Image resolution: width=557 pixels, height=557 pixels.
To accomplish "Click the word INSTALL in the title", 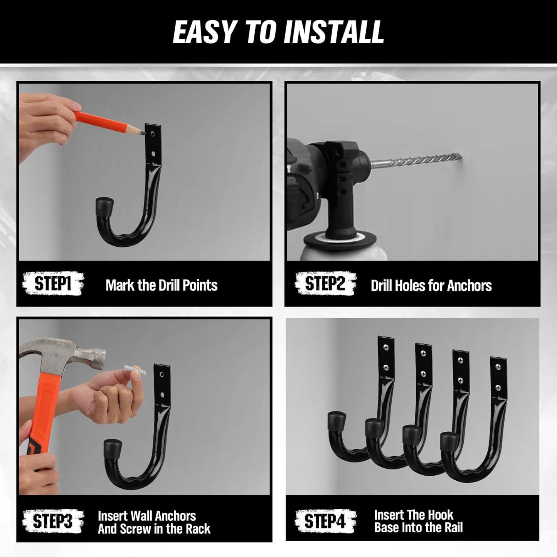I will click(334, 32).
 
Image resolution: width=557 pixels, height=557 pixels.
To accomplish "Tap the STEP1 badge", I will click(53, 284).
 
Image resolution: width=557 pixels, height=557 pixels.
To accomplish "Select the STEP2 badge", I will click(325, 284).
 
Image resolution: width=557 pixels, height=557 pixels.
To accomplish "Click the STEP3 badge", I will click(53, 521).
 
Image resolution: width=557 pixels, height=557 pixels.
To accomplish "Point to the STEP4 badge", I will click(325, 521).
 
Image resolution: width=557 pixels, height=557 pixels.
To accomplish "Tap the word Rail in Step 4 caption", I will click(453, 527).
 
